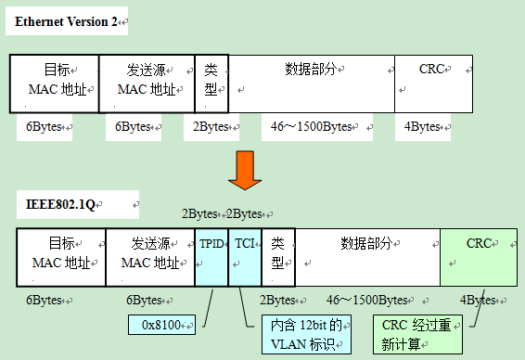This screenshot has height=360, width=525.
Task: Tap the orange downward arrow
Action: click(x=243, y=168)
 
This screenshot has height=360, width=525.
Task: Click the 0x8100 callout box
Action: click(x=163, y=325)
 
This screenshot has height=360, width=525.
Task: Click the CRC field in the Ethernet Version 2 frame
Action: click(x=433, y=84)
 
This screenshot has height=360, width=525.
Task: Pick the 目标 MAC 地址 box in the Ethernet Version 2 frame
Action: click(x=55, y=84)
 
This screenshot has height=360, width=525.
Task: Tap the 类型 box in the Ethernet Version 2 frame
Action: click(x=211, y=84)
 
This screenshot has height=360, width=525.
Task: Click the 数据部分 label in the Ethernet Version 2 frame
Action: click(x=311, y=70)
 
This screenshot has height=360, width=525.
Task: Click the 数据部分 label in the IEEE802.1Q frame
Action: click(x=366, y=243)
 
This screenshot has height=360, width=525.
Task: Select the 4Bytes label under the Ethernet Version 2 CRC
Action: click(x=423, y=127)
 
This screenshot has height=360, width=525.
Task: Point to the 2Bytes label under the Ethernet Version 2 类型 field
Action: click(x=211, y=127)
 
